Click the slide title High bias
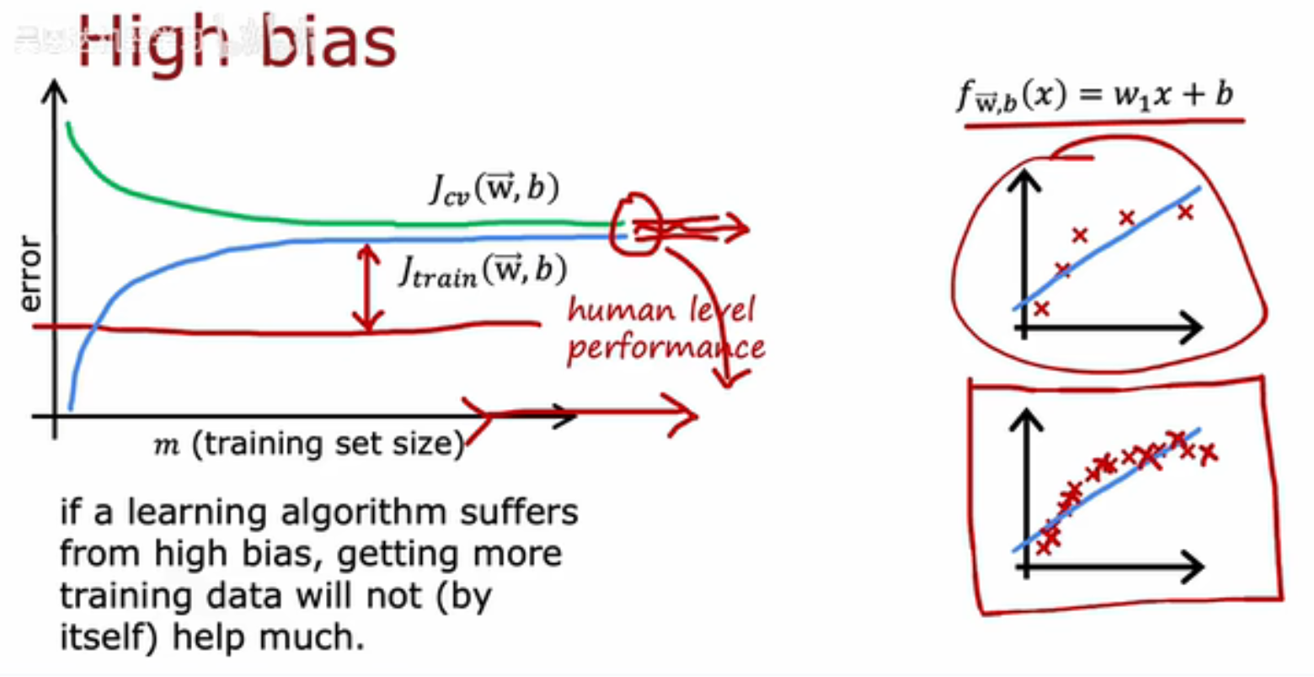[x=238, y=42]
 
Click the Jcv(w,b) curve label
[x=494, y=189]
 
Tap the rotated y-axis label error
[x=30, y=274]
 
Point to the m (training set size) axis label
[x=309, y=444]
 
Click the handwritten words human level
[x=661, y=309]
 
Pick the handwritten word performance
[x=665, y=347]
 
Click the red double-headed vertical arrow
[x=368, y=287]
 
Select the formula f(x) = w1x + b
[x=1095, y=95]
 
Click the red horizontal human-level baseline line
[x=286, y=330]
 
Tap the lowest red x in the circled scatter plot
[x=1041, y=308]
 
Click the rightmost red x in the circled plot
[x=1185, y=212]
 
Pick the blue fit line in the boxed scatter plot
[x=1106, y=490]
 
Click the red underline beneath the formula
[x=1105, y=123]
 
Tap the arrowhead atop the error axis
[x=54, y=92]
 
